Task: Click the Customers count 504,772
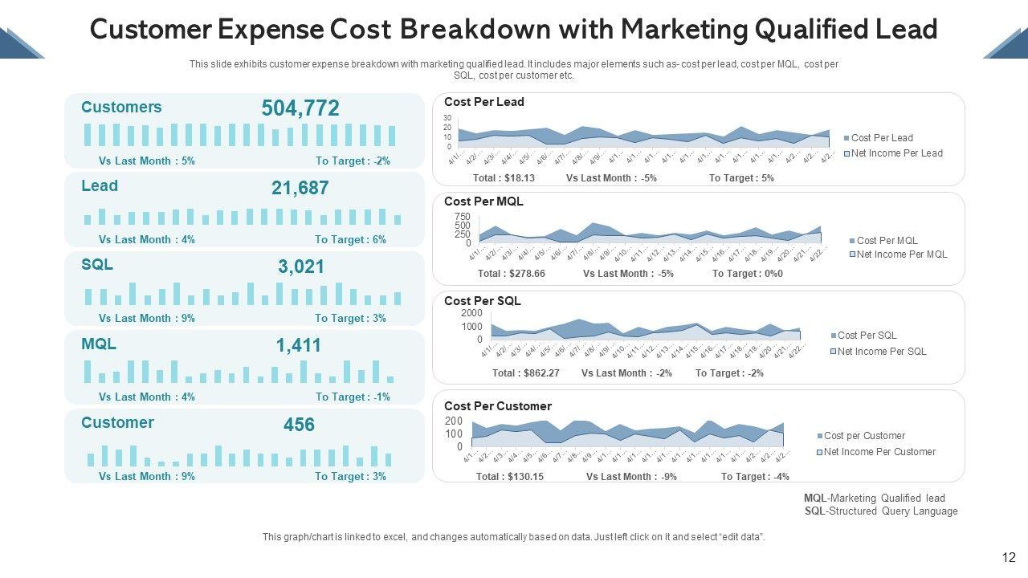coord(300,108)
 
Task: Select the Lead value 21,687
coord(300,188)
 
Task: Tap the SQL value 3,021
coord(301,267)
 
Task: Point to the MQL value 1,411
coord(299,345)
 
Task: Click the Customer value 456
coord(299,425)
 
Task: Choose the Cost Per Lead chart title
coord(483,102)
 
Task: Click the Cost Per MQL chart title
coord(483,201)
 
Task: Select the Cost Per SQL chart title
coord(482,301)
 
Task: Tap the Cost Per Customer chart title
coord(498,406)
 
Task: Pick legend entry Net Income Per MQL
coord(902,254)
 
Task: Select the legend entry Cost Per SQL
coord(867,336)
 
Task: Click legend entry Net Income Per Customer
coord(879,452)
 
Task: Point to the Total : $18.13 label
coord(504,178)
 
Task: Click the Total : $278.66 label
coord(512,274)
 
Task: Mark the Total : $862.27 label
coord(525,373)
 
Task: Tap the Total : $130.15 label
coord(510,477)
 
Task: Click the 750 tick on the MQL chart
coord(463,217)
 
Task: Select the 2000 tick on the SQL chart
coord(472,313)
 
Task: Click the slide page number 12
coord(1010,558)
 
